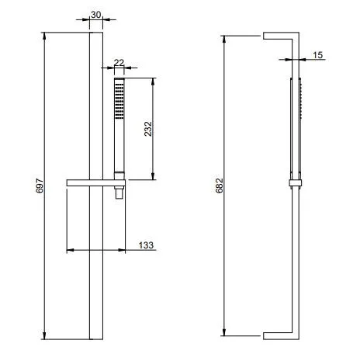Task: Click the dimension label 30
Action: pyautogui.click(x=95, y=15)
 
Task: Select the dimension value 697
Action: pyautogui.click(x=40, y=186)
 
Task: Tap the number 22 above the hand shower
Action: pyautogui.click(x=119, y=63)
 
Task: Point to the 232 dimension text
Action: pyautogui.click(x=148, y=129)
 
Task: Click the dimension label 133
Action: pyautogui.click(x=146, y=245)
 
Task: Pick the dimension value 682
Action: pyautogui.click(x=219, y=186)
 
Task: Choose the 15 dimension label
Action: pyautogui.click(x=318, y=55)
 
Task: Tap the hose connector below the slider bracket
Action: pyautogui.click(x=119, y=193)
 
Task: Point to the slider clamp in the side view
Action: pyautogui.click(x=296, y=182)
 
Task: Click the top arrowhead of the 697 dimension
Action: pyautogui.click(x=44, y=36)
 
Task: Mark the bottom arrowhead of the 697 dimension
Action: pyautogui.click(x=44, y=335)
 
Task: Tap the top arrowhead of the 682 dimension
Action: pyautogui.click(x=224, y=40)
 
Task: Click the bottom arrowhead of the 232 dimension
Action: pyautogui.click(x=153, y=176)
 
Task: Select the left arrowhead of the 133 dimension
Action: pyautogui.click(x=71, y=250)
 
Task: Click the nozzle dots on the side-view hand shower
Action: pyautogui.click(x=301, y=101)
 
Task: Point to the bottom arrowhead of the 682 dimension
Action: pyautogui.click(x=224, y=332)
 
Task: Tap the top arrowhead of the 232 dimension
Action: pyautogui.click(x=153, y=82)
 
